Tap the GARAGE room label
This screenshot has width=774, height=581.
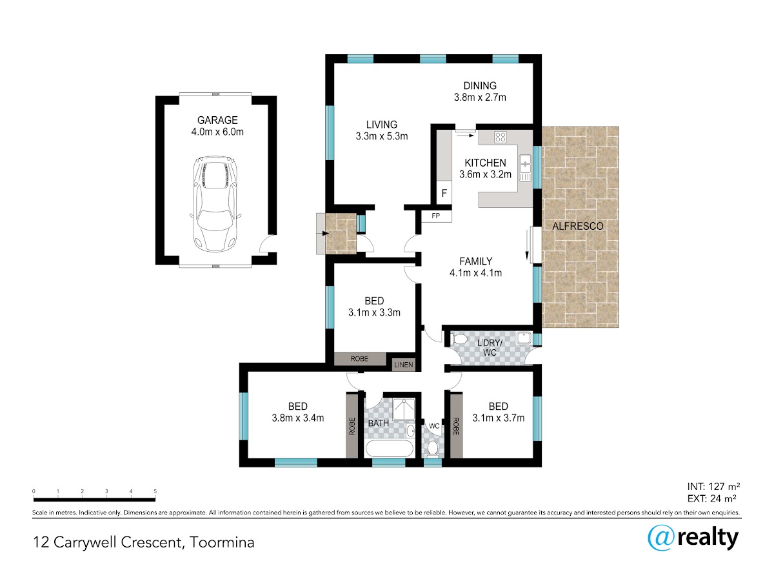[x=217, y=120]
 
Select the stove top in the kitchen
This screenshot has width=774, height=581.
[x=500, y=137]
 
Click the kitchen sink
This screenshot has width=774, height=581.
[x=525, y=168]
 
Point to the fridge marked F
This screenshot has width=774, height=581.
[x=444, y=193]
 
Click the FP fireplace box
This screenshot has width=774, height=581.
[x=436, y=216]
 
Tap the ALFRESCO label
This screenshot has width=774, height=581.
[x=577, y=226]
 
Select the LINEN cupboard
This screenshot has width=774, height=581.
[x=403, y=365]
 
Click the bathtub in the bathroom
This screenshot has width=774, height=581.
[x=389, y=449]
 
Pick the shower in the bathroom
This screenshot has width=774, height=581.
[x=404, y=409]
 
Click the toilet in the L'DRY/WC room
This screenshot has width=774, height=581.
[x=459, y=340]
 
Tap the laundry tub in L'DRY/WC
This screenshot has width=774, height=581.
[x=524, y=338]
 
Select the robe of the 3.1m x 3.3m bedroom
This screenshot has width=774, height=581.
[x=360, y=359]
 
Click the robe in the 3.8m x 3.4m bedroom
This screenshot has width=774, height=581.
[x=352, y=426]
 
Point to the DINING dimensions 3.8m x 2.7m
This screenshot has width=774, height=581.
[x=480, y=97]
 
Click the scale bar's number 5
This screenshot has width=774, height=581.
[x=155, y=491]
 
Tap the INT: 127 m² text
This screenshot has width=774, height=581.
[x=713, y=487]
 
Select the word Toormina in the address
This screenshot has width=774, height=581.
[x=222, y=542]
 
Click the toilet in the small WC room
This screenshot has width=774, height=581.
[x=433, y=449]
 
